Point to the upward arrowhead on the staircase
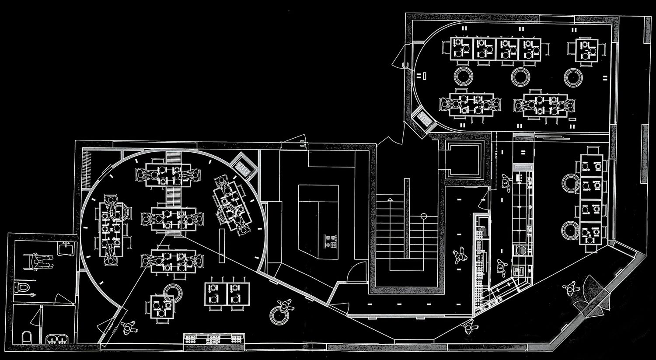pyautogui.click(x=391, y=199)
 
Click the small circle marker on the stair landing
pyautogui.click(x=423, y=216)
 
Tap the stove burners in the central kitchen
pyautogui.click(x=330, y=241)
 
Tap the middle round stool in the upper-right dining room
pyautogui.click(x=521, y=77)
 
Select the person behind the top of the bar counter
pyautogui.click(x=507, y=183)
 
